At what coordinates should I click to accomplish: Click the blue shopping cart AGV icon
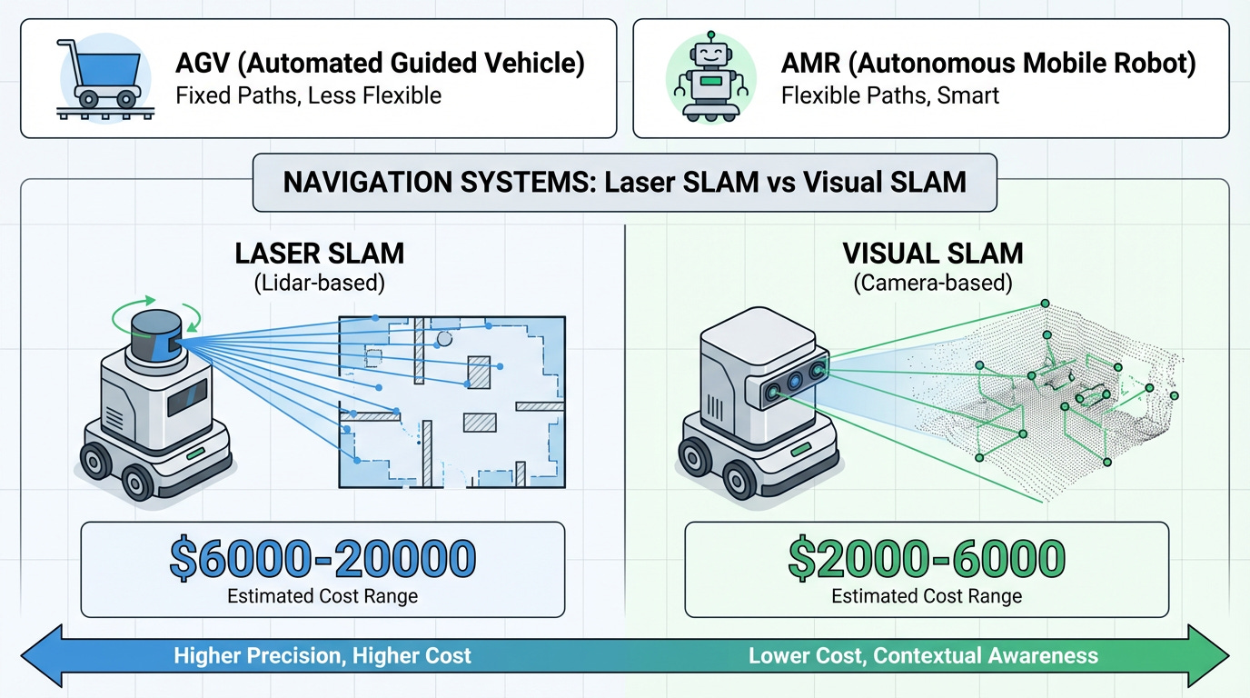99,77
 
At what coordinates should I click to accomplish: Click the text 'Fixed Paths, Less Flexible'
308,95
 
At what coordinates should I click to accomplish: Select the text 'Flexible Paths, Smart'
890,95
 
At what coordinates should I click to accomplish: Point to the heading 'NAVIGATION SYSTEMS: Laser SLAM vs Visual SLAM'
625,182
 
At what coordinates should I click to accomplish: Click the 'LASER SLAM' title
319,254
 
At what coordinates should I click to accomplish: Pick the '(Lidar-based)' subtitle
319,282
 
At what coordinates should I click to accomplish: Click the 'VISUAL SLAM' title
933,254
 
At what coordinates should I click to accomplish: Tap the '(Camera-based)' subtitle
933,282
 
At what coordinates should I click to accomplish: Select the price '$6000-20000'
322,559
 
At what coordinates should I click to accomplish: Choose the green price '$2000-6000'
926,559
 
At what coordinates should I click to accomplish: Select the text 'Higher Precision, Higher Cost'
322,656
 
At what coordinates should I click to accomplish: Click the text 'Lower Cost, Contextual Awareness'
923,656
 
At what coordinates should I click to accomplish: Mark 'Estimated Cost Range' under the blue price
322,596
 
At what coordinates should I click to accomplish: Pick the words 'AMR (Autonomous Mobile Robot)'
988,64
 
